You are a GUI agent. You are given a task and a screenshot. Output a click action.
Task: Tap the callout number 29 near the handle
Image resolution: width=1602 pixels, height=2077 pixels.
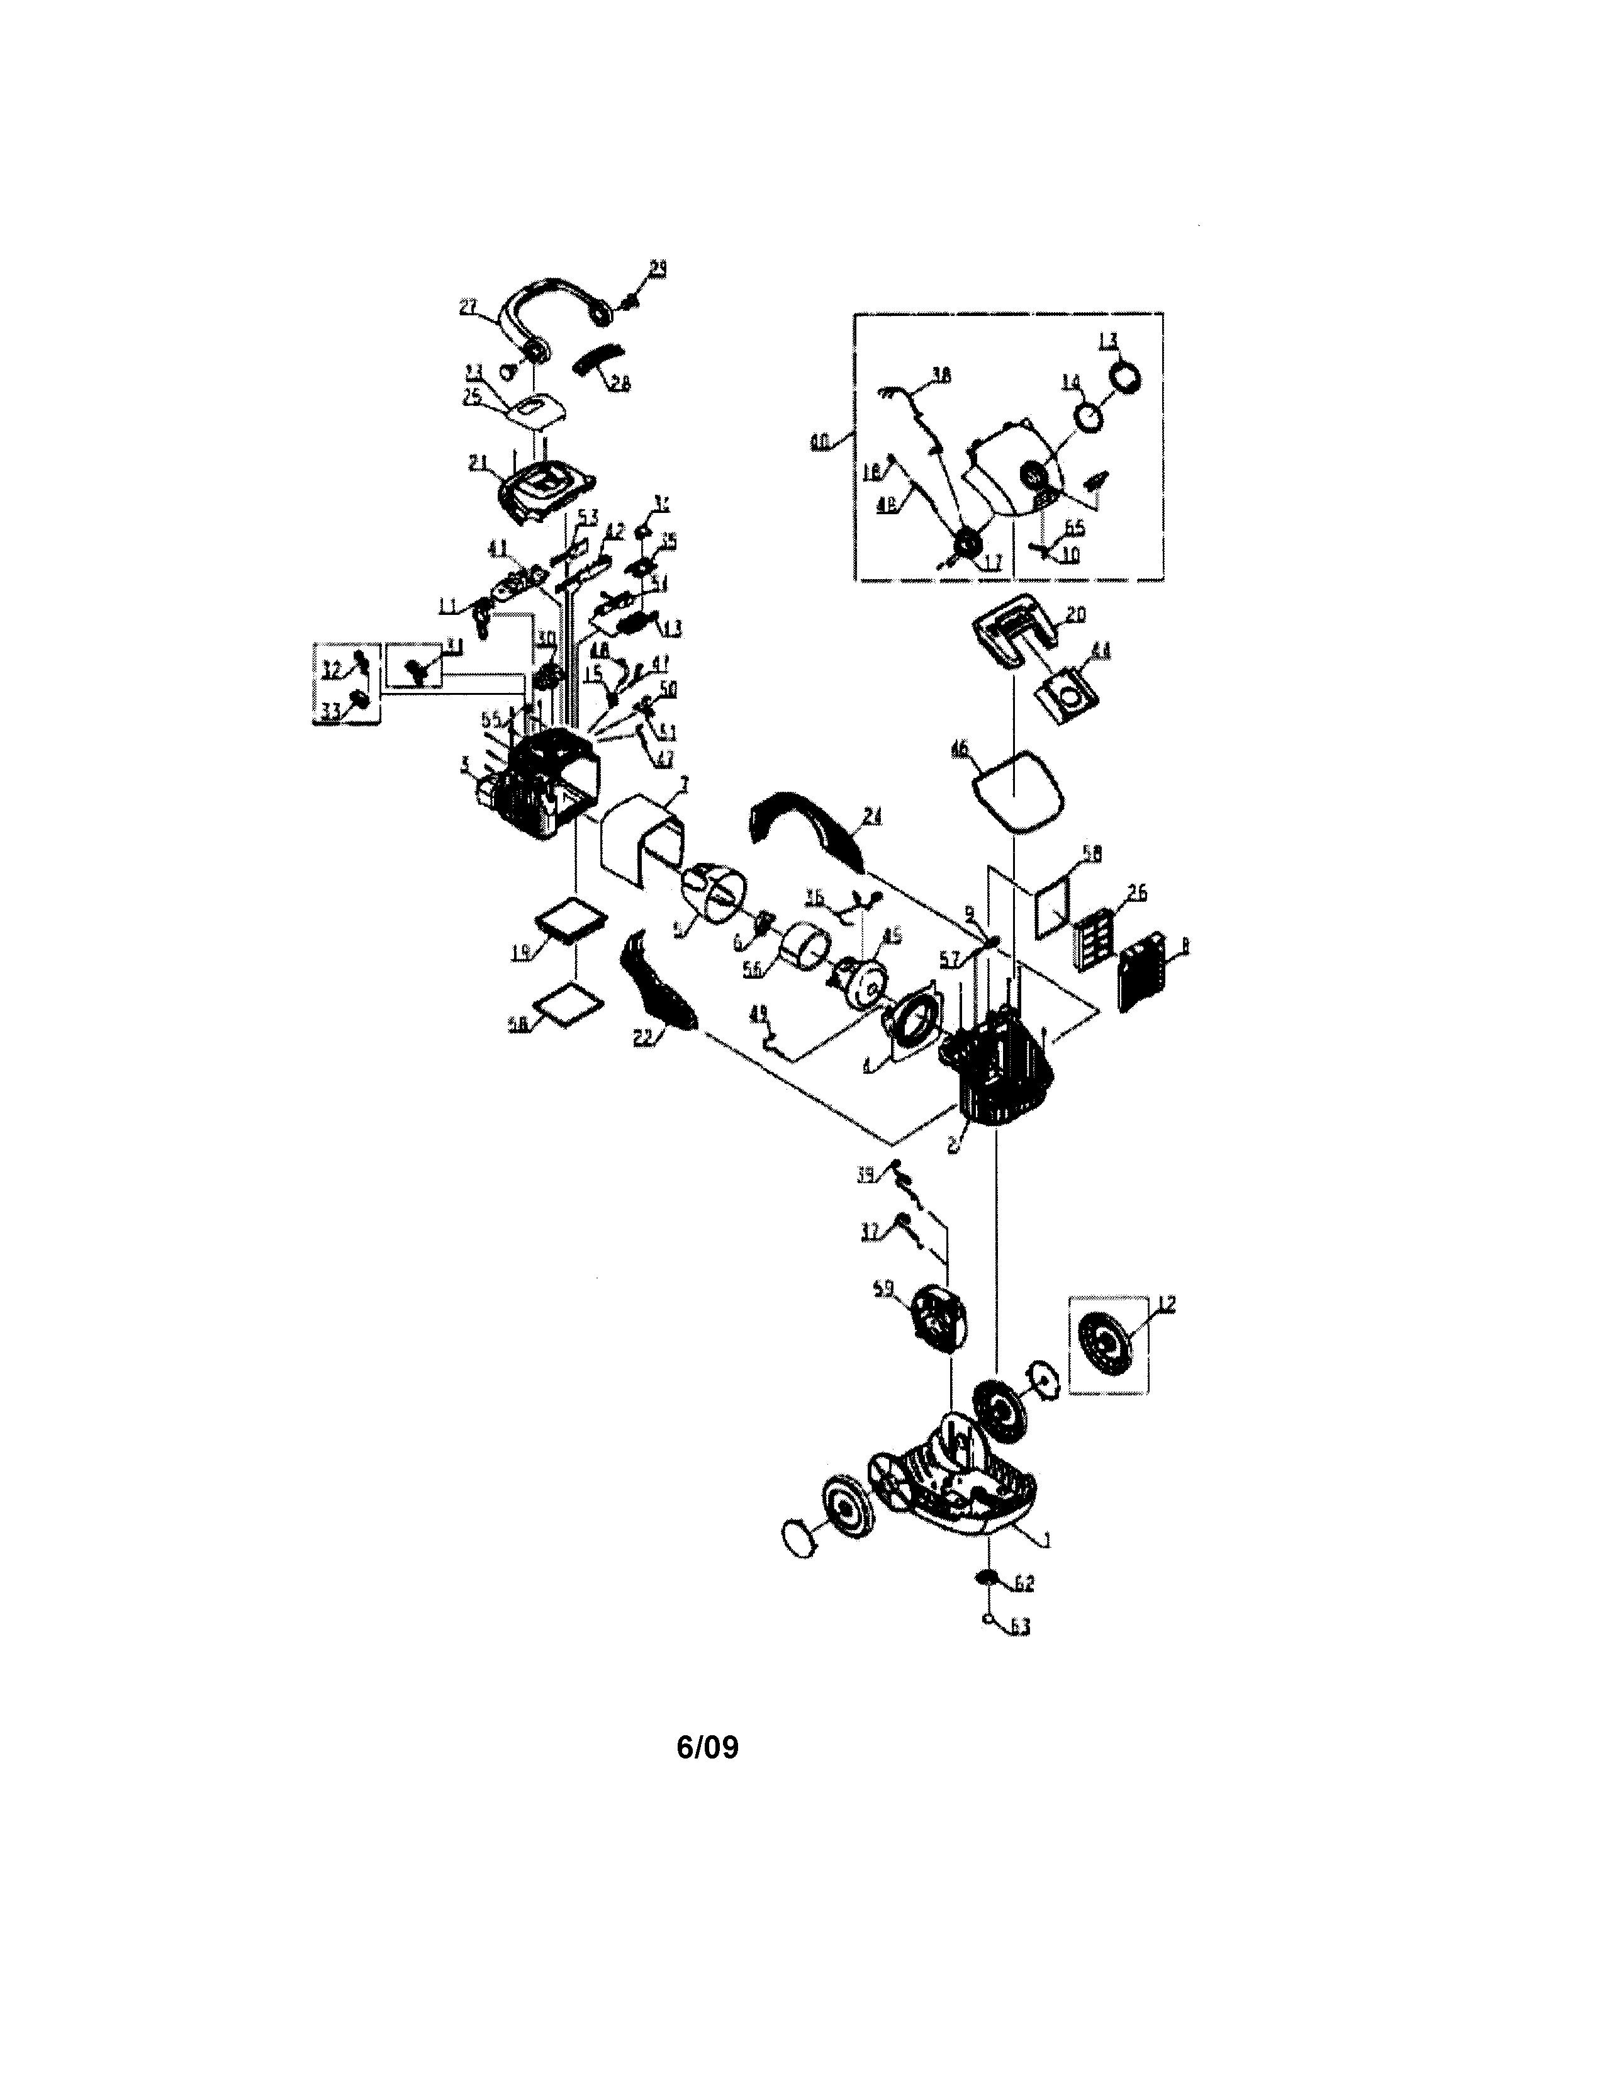[x=657, y=269]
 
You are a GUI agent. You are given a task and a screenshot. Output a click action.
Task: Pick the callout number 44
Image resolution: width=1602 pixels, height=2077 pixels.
[x=1101, y=651]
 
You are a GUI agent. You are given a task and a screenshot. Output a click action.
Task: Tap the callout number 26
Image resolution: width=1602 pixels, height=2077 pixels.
[x=1136, y=892]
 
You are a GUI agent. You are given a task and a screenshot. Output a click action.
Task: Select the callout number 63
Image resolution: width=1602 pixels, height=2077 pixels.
[x=1019, y=1627]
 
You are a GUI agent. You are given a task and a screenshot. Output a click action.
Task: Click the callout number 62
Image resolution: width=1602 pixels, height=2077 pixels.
[x=1023, y=1584]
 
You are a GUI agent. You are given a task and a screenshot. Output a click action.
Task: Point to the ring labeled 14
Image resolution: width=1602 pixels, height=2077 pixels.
[x=1089, y=417]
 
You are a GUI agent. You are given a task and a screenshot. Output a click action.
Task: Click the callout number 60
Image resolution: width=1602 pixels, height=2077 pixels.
[x=819, y=441]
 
